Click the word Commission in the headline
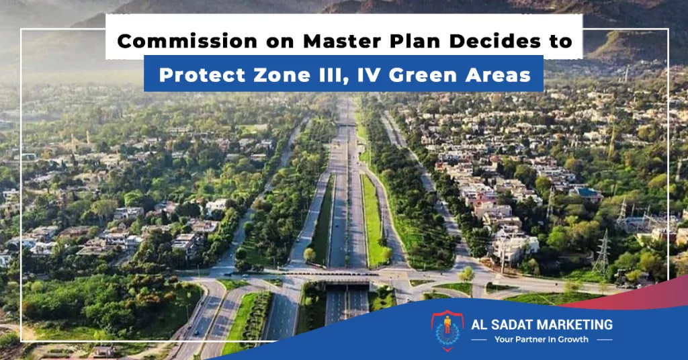187,42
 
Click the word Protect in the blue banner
202,75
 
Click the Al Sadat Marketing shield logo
447,330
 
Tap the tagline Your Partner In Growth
542,339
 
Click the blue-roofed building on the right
587,193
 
